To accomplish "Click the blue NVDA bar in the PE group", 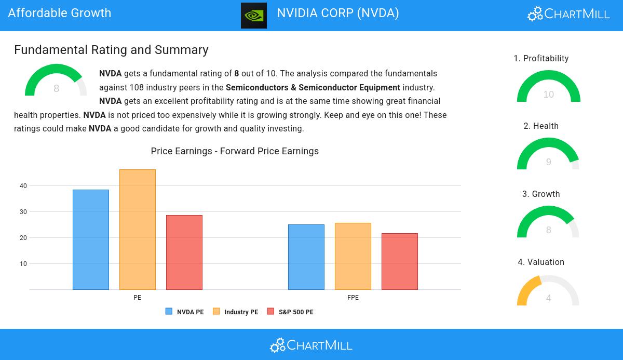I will (91, 239).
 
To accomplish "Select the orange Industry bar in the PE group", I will (138, 230).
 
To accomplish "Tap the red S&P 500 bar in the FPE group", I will (400, 261).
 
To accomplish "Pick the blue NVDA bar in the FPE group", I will (306, 257).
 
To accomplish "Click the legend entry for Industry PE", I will (236, 312).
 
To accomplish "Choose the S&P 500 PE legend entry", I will (290, 312).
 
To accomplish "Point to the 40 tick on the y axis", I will (23, 186).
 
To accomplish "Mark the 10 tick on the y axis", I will (23, 264).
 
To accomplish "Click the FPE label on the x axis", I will (353, 298).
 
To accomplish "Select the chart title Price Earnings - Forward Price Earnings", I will (235, 151).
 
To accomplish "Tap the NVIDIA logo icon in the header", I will (254, 15).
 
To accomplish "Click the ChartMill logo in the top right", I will (568, 14).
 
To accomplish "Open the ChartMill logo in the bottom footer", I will (311, 345).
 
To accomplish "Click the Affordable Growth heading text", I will (60, 13).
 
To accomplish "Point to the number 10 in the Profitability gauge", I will (549, 95).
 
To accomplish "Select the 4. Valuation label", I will (541, 262).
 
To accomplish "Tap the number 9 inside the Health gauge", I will (549, 162).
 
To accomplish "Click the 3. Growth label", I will (541, 194).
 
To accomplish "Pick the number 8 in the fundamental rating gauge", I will (57, 89).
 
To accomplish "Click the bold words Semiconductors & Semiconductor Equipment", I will (313, 87).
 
